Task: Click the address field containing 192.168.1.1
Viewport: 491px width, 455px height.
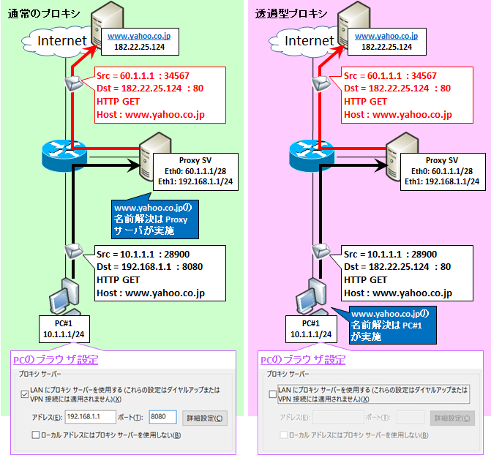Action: tap(91, 417)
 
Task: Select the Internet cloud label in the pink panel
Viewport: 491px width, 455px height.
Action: tap(308, 41)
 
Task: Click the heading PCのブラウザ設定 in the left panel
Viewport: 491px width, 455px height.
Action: tap(56, 360)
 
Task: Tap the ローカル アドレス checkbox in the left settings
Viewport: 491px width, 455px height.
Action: tap(35, 435)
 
